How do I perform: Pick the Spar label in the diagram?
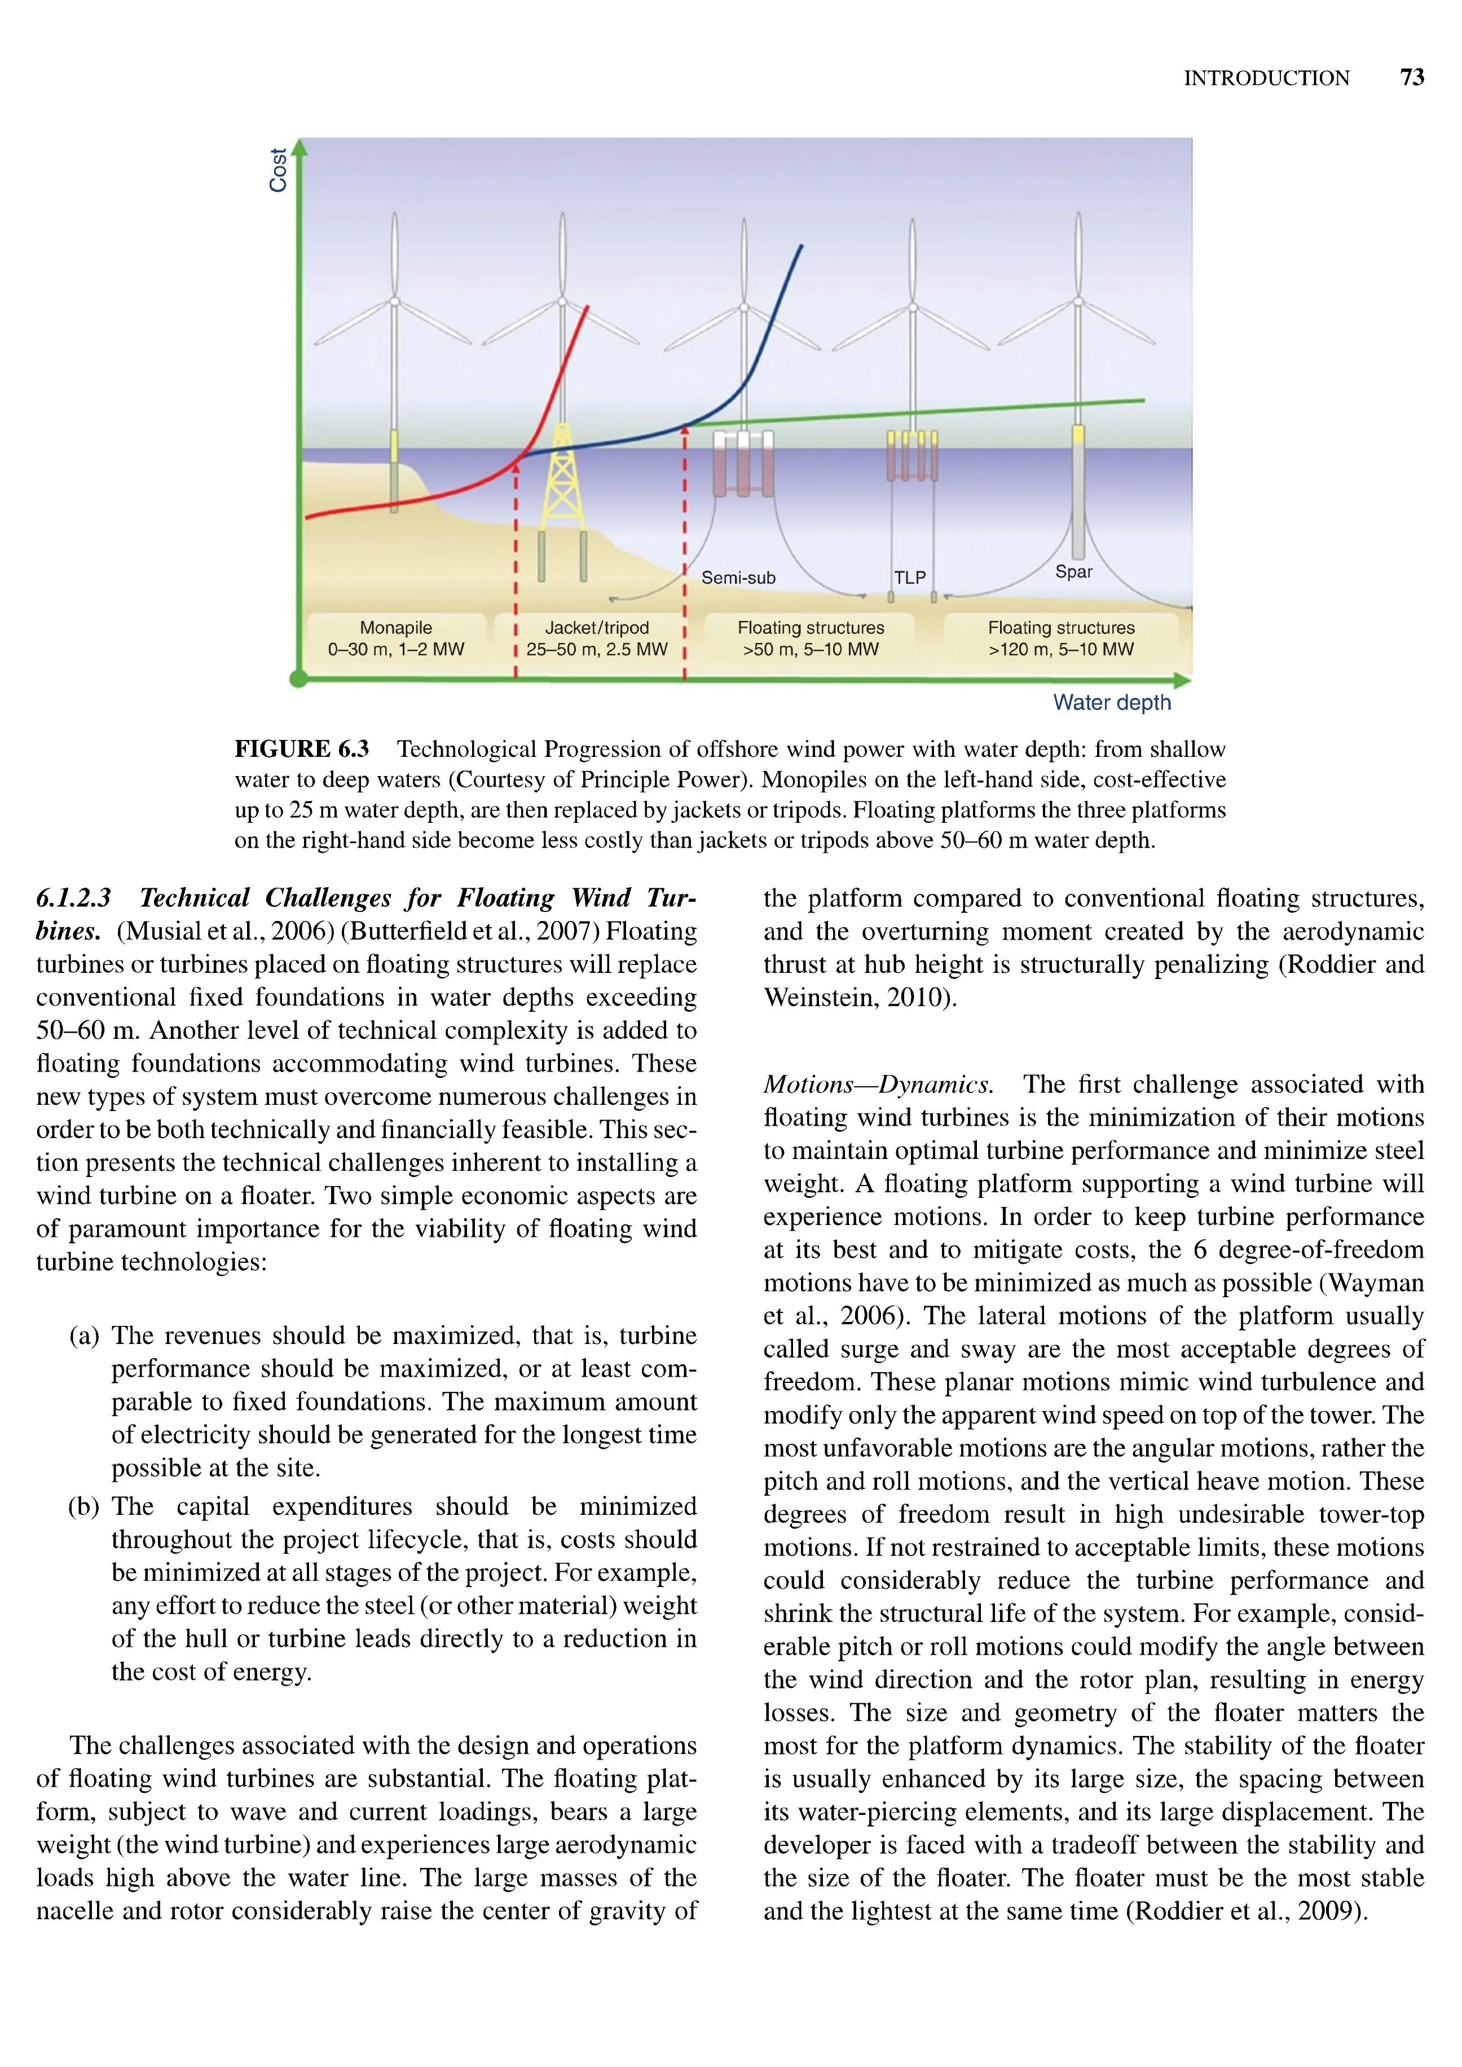point(1073,572)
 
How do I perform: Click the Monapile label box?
point(396,638)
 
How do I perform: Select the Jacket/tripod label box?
point(597,638)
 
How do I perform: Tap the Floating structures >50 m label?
point(810,638)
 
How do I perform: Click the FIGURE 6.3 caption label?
point(302,749)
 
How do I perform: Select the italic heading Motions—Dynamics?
point(878,1084)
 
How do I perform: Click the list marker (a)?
point(83,1335)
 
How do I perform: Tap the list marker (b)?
point(83,1506)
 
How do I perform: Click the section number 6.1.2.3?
point(74,897)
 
